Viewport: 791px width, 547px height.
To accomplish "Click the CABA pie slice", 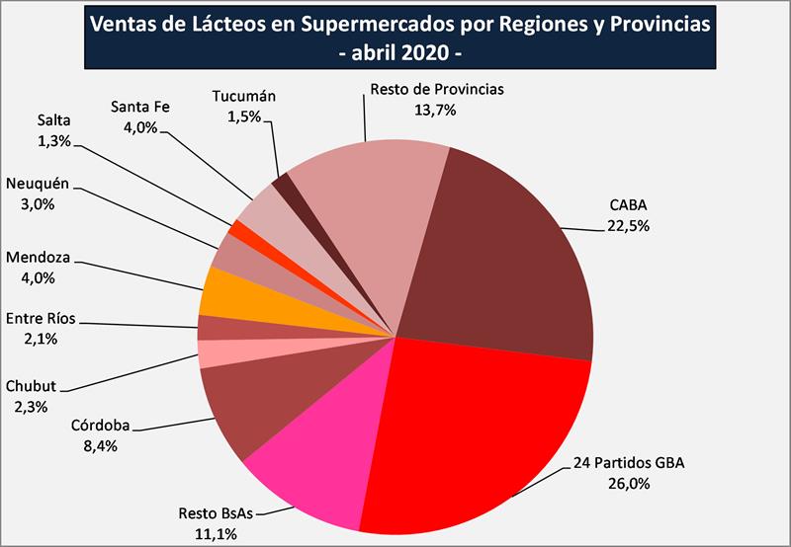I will [x=504, y=257].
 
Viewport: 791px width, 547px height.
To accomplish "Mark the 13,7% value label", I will [x=436, y=110].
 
